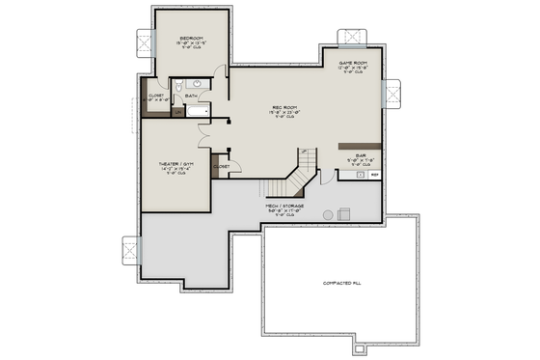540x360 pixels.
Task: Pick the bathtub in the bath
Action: point(198,112)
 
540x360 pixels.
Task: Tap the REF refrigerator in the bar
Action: point(373,175)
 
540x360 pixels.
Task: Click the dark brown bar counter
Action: point(360,146)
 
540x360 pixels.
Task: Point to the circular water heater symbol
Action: point(328,214)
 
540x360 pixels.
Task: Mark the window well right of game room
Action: point(393,93)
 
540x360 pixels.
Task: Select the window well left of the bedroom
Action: point(146,42)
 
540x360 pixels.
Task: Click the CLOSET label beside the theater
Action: point(221,166)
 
